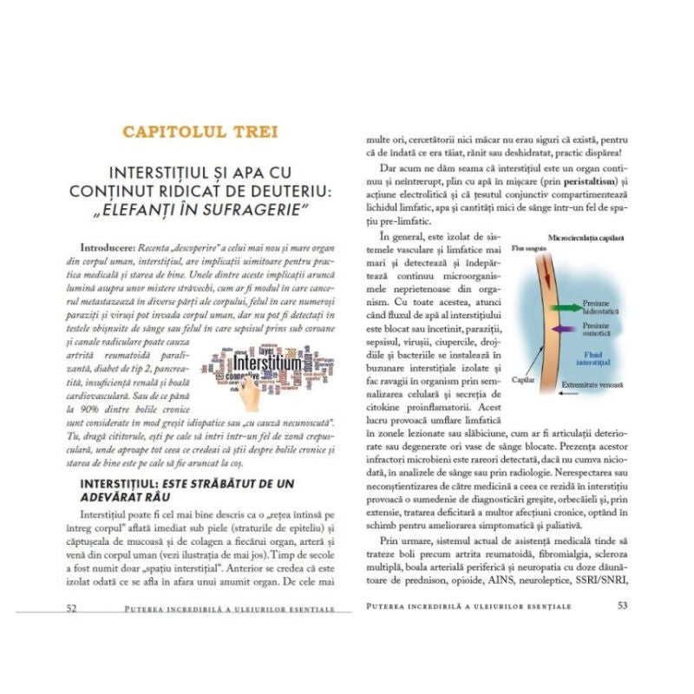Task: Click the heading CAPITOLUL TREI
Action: click(x=200, y=132)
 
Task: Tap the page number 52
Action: click(x=73, y=606)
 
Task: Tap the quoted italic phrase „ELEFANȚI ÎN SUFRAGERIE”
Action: click(x=200, y=212)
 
